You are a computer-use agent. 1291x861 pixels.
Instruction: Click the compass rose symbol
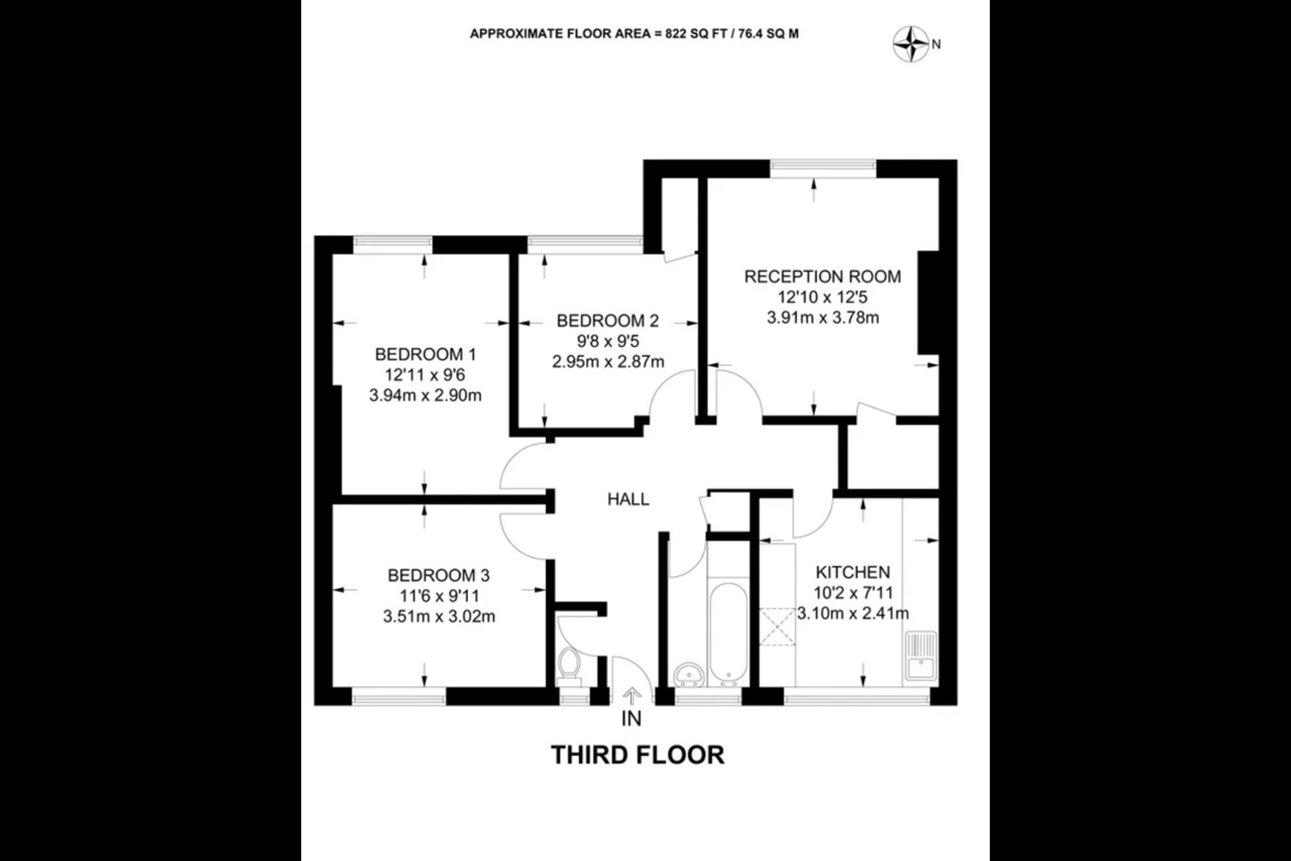[x=911, y=43]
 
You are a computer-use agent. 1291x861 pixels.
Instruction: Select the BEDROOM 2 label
[x=607, y=321]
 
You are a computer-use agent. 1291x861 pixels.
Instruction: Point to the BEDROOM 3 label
[x=438, y=576]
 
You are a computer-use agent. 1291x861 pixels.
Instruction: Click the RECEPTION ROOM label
[x=822, y=277]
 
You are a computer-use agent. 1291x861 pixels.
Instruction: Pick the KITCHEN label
[x=853, y=572]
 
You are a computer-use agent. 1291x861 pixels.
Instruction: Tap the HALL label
[x=628, y=500]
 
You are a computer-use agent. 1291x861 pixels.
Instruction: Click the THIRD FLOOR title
[x=637, y=755]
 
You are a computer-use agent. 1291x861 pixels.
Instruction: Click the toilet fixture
[x=568, y=665]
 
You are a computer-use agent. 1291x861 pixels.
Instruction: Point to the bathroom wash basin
[x=688, y=674]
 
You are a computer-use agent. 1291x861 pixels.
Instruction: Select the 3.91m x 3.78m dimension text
[x=822, y=317]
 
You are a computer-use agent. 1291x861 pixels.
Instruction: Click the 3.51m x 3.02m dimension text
[x=438, y=617]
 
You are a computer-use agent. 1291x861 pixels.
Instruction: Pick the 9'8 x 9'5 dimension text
[x=607, y=342]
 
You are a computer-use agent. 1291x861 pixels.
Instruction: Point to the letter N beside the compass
[x=936, y=43]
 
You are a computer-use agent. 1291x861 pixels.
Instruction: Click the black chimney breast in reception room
[x=927, y=303]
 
